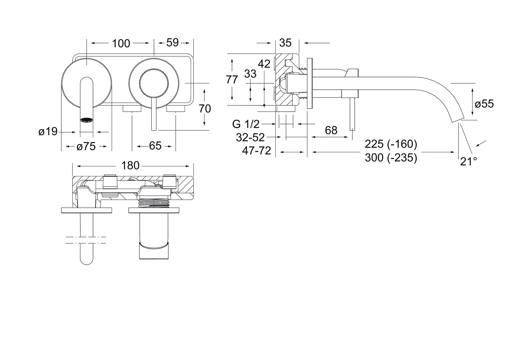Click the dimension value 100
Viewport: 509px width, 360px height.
tap(121, 43)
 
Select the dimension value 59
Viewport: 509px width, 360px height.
tap(172, 42)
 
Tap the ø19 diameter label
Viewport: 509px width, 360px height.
tap(48, 132)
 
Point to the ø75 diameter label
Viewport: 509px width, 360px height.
tap(86, 146)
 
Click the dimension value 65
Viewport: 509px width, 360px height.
tap(155, 146)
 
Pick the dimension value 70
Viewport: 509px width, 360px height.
tap(205, 108)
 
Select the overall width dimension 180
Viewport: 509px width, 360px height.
tap(130, 165)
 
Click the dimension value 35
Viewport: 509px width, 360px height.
tap(285, 43)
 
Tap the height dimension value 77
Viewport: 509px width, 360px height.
tap(232, 80)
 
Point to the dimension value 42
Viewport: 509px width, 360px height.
tap(264, 64)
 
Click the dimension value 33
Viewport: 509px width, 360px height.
tap(250, 74)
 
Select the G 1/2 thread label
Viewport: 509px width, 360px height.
tap(246, 124)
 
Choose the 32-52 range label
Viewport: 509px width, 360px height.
tap(250, 137)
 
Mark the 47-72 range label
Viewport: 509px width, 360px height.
tap(256, 151)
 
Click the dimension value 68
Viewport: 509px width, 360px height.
tap(331, 130)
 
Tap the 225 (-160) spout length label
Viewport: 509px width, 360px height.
tap(391, 144)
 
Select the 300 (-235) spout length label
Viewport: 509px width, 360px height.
tap(391, 157)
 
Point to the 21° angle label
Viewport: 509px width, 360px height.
tap(468, 162)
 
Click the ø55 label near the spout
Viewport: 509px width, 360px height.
tap(484, 104)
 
